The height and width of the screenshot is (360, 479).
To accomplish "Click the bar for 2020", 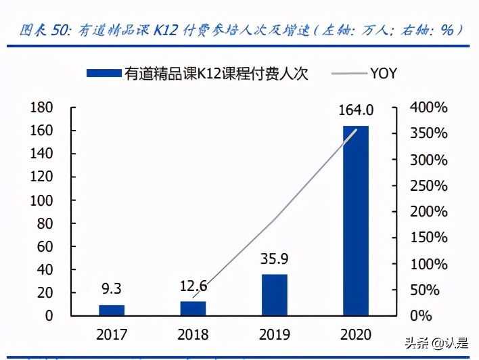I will (355, 221).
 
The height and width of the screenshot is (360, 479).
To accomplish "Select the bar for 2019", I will (274, 295).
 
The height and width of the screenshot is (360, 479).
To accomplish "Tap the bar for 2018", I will (193, 309).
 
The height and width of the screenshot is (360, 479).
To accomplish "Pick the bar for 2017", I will (112, 310).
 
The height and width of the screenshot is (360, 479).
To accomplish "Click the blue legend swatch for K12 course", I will (104, 73).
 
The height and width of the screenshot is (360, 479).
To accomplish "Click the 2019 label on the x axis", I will (274, 334).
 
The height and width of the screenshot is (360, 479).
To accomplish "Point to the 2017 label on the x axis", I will (112, 334).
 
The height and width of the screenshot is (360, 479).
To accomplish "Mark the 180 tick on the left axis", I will (41, 108).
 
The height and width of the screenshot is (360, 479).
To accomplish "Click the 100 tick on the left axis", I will (41, 201).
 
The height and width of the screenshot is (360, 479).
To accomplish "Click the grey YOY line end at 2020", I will (357, 129).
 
